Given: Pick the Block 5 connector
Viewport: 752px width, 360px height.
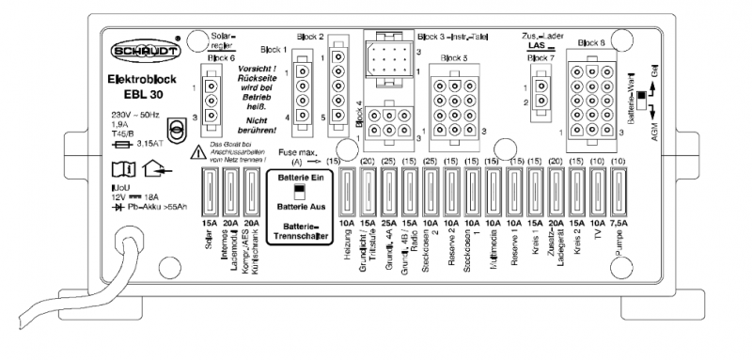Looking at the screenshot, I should click(453, 99).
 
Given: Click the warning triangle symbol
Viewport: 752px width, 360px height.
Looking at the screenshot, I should click(198, 152).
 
